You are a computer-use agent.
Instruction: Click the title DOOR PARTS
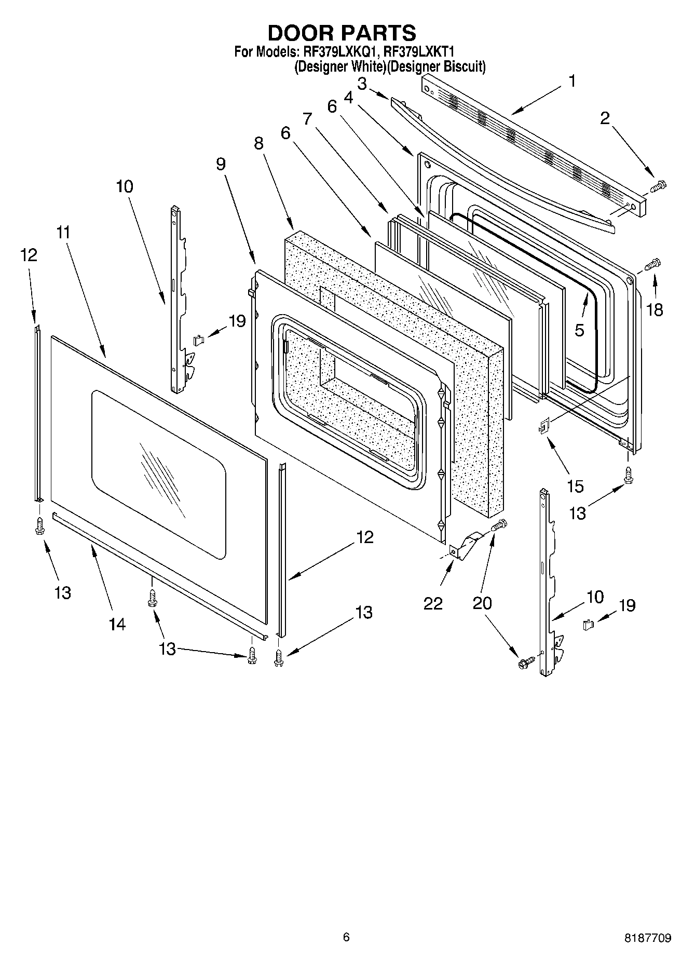[342, 33]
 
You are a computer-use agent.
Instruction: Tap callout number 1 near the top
[571, 82]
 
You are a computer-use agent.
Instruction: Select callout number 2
[605, 118]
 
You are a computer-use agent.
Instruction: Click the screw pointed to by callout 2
[658, 185]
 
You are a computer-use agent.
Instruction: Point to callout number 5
[579, 330]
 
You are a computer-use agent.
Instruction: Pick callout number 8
[258, 143]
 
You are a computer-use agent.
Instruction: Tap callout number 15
[576, 486]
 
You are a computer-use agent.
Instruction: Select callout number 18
[655, 310]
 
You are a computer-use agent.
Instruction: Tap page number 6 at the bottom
[346, 937]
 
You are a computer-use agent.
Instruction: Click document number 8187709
[647, 938]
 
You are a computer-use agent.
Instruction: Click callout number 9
[221, 164]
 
